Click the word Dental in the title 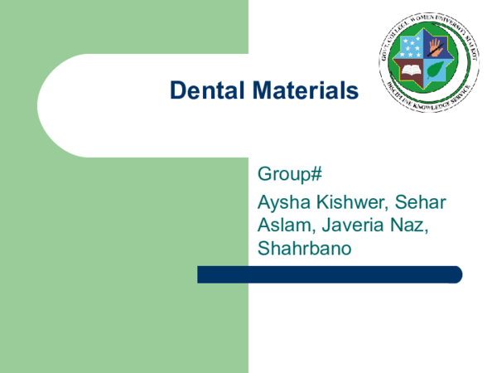click(203, 90)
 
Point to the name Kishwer click(355, 201)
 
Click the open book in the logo click(410, 70)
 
